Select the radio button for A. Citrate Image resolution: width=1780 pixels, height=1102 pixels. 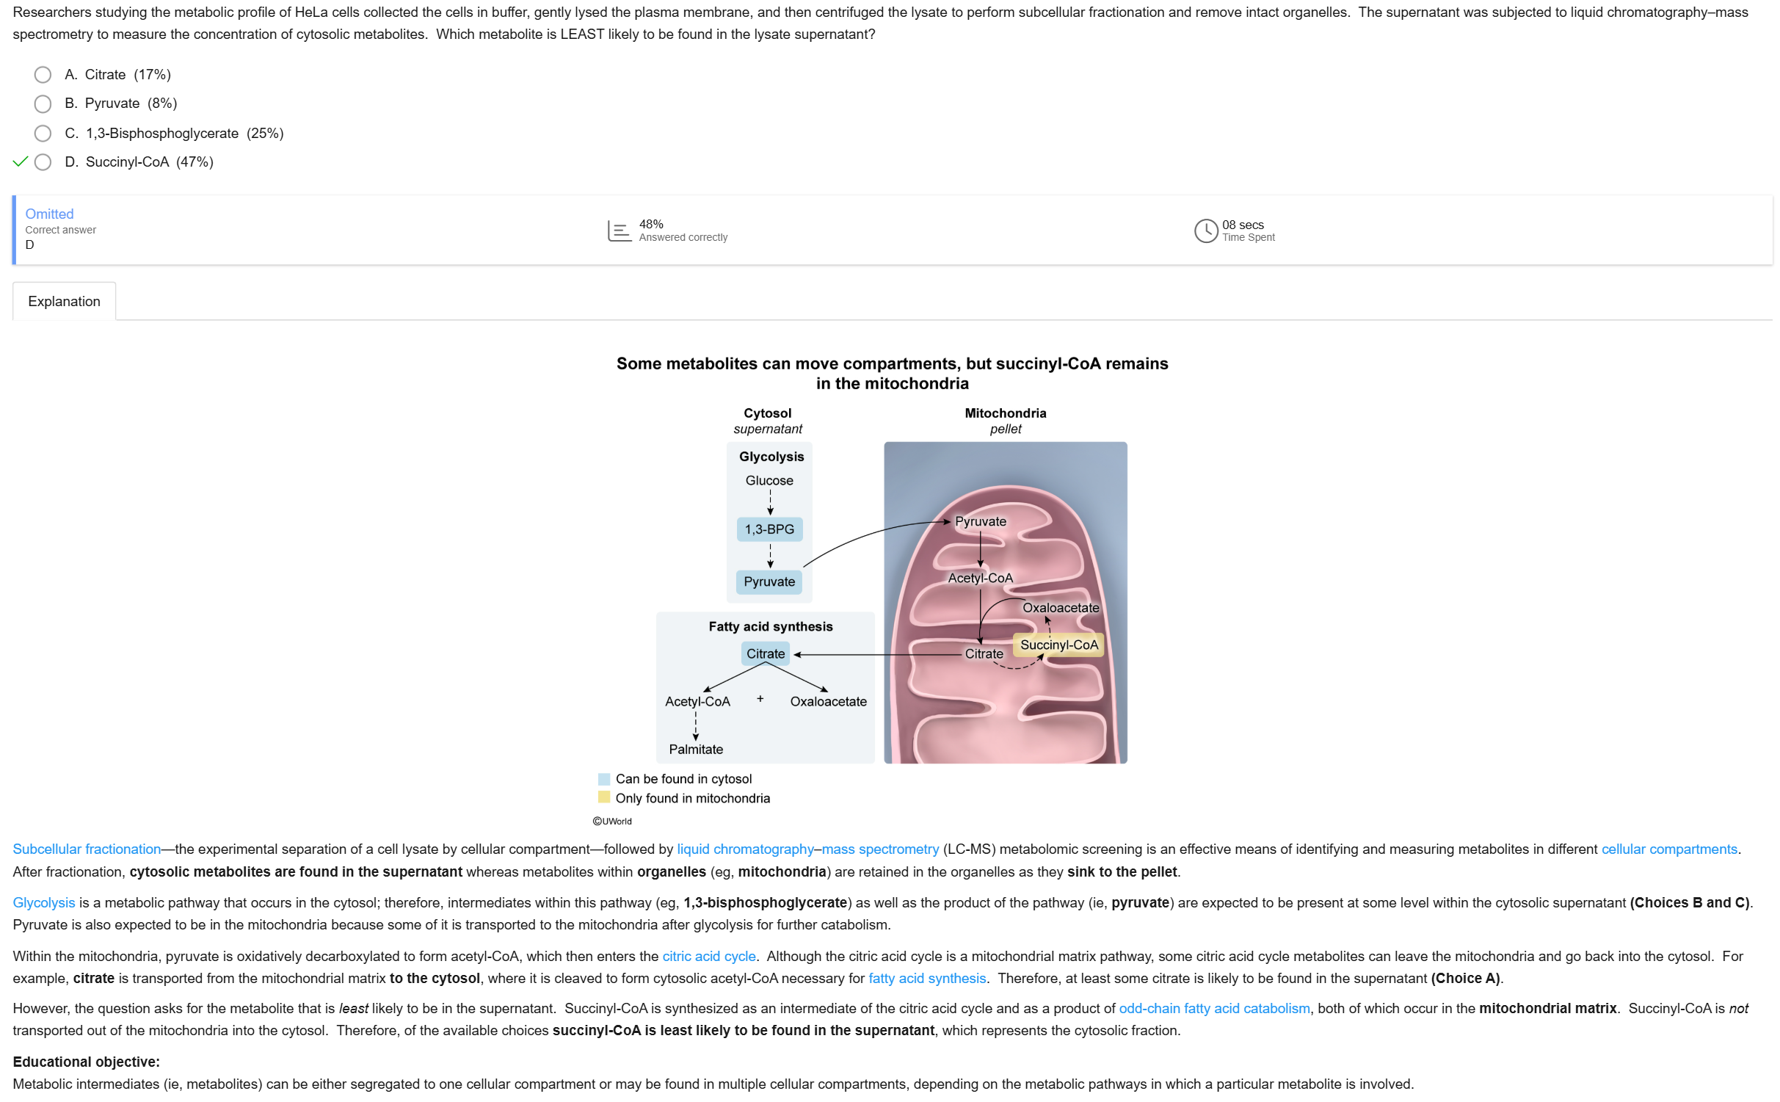tap(43, 75)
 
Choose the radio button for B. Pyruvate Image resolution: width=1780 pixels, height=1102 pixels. tap(43, 104)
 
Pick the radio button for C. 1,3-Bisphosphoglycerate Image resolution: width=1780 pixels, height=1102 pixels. tap(43, 134)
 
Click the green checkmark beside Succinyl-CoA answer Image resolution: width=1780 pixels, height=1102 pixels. tap(20, 162)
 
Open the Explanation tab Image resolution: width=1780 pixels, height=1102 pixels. tap(64, 302)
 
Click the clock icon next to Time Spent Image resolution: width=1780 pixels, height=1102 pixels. tap(1205, 231)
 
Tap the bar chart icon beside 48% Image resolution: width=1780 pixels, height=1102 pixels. tap(619, 231)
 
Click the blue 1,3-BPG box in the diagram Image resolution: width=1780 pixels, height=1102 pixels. tap(769, 529)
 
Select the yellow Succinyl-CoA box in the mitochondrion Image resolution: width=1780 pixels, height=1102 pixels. tap(1058, 645)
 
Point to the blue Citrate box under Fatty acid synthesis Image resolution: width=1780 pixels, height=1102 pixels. tap(765, 654)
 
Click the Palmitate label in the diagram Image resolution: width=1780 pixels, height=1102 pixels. tap(695, 750)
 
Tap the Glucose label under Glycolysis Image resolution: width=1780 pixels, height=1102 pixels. tap(769, 481)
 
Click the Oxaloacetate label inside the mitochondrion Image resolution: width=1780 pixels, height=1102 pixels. tap(1061, 608)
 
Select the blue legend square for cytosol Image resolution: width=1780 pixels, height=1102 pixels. tap(604, 779)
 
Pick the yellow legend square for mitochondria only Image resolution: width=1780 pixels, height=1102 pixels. tap(604, 798)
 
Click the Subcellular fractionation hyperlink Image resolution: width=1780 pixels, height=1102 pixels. tap(87, 849)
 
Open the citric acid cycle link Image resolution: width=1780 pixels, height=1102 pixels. tap(709, 957)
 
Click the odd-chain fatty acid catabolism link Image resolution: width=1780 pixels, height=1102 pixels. tap(1214, 1009)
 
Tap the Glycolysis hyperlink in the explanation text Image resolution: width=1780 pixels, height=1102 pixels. tap(44, 903)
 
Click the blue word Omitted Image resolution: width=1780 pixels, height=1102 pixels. tap(49, 214)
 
